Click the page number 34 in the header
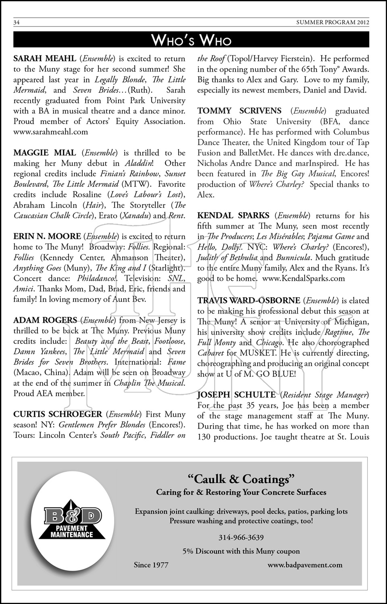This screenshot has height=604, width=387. [x=17, y=23]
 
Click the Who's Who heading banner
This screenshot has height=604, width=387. [x=191, y=41]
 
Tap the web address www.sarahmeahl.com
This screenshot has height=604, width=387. [x=50, y=132]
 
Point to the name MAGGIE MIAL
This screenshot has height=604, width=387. [x=45, y=153]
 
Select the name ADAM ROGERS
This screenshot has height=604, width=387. [x=45, y=321]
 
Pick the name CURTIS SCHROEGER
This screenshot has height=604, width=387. [x=58, y=414]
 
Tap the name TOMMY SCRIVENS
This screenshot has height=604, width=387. [x=239, y=111]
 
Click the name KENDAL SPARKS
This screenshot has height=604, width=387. [x=233, y=216]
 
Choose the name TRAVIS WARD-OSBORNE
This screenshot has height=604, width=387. [x=248, y=300]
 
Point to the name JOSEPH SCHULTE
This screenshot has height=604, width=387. [x=236, y=395]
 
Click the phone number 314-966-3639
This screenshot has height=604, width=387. [x=241, y=538]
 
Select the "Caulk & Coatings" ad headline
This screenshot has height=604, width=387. [x=241, y=479]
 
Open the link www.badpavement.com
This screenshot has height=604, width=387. [x=305, y=565]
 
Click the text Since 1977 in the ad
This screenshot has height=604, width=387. [x=151, y=565]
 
